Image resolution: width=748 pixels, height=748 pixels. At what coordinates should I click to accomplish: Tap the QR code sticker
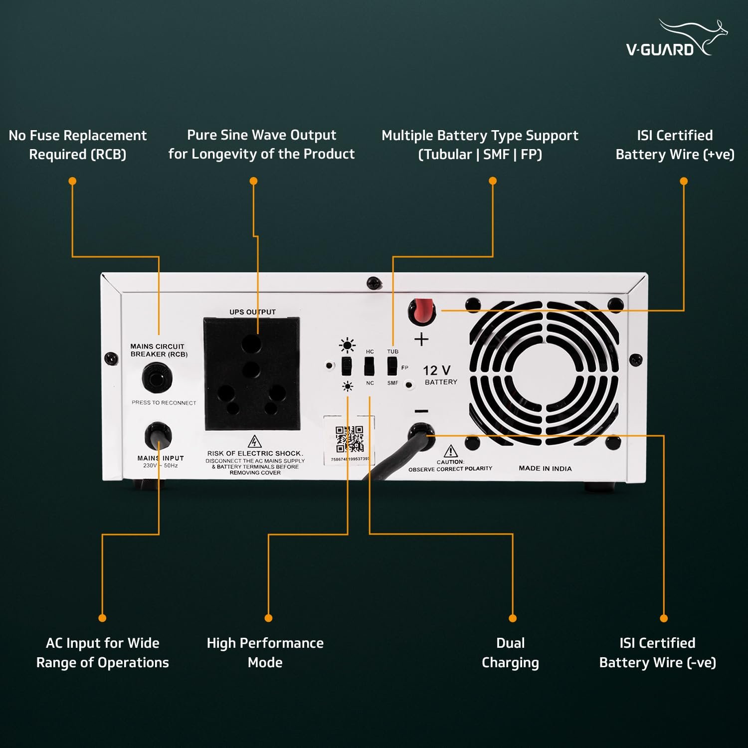point(349,438)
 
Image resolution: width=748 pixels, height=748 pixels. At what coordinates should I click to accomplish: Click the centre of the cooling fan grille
point(544,373)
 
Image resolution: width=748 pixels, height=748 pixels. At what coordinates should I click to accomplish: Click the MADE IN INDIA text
point(545,468)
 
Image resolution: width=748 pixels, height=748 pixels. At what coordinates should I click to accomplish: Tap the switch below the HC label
point(369,367)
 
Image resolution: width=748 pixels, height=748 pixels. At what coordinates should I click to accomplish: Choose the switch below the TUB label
point(392,367)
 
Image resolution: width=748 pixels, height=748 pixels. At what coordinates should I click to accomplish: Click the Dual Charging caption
point(510,652)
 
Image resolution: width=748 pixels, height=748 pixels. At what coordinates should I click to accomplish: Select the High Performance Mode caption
point(265,652)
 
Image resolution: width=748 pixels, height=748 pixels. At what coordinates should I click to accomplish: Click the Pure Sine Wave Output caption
point(261,144)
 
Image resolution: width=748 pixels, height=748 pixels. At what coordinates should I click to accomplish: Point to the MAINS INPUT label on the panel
point(161,458)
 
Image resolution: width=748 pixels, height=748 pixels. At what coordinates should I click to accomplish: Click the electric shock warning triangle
point(255,442)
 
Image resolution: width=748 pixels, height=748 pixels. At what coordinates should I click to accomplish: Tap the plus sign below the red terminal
point(421,339)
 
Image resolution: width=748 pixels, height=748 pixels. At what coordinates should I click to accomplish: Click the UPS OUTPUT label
point(252,312)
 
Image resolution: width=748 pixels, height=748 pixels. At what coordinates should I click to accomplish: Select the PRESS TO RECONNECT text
point(164,402)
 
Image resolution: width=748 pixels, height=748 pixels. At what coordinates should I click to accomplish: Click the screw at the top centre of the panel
point(374,283)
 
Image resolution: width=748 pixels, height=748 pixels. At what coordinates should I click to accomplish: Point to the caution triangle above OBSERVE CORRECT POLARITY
point(450,451)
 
